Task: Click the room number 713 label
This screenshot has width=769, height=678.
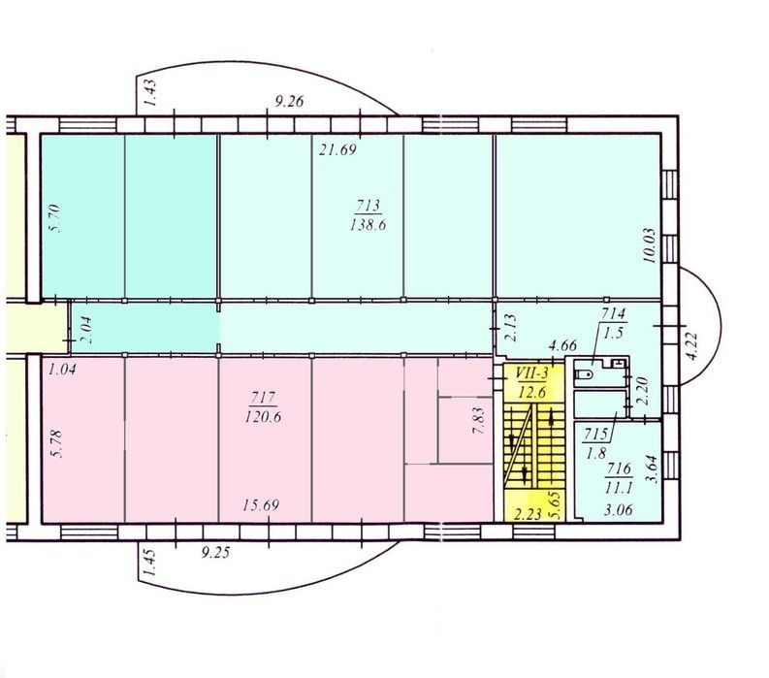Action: pyautogui.click(x=368, y=205)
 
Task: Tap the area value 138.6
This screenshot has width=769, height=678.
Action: pyautogui.click(x=368, y=225)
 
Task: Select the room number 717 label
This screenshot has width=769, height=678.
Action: pyautogui.click(x=263, y=397)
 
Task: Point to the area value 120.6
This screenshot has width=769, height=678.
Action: pyautogui.click(x=263, y=417)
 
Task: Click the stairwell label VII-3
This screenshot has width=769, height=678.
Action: pyautogui.click(x=531, y=373)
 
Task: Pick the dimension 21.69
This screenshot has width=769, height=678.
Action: pyautogui.click(x=337, y=149)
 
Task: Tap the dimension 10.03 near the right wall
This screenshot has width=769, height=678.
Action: pyautogui.click(x=650, y=245)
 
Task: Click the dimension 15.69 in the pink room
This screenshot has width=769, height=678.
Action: pyautogui.click(x=261, y=504)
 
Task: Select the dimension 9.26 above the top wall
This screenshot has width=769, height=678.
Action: pyautogui.click(x=289, y=101)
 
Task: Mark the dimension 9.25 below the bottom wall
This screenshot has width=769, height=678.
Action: pyautogui.click(x=215, y=553)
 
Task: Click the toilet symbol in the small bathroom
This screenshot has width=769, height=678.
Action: pyautogui.click(x=584, y=374)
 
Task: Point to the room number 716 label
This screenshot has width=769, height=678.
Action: pyautogui.click(x=619, y=468)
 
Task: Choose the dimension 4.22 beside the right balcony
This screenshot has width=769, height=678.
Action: pyautogui.click(x=692, y=346)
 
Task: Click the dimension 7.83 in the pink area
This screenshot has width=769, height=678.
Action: pyautogui.click(x=479, y=421)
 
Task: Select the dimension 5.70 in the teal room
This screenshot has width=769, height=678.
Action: pyautogui.click(x=54, y=218)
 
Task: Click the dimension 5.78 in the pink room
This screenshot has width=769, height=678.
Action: pyautogui.click(x=57, y=443)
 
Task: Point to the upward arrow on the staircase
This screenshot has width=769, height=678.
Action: pyautogui.click(x=553, y=419)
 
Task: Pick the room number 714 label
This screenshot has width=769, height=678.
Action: pyautogui.click(x=614, y=313)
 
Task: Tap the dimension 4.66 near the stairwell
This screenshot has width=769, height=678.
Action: pyautogui.click(x=562, y=345)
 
